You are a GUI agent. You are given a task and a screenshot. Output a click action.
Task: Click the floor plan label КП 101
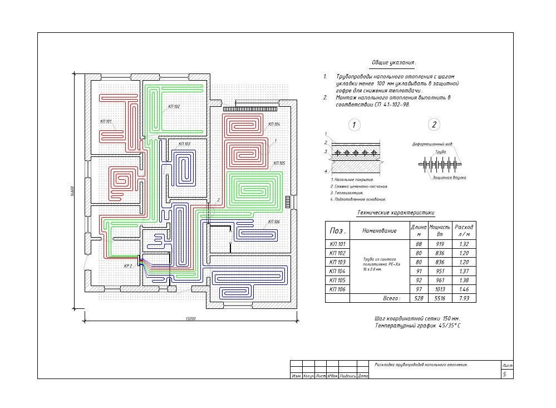click(106, 121)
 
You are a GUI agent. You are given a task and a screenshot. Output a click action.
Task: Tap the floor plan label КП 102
click(174, 106)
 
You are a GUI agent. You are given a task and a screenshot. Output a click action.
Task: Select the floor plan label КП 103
click(184, 144)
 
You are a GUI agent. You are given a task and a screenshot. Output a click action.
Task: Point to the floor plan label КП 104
click(274, 124)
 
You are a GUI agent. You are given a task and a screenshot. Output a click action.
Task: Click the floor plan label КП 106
click(273, 222)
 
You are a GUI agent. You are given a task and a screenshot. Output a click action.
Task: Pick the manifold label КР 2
click(128, 266)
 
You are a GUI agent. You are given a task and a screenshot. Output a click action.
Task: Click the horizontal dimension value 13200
click(191, 318)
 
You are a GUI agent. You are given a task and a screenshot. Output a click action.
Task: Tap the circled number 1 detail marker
click(354, 125)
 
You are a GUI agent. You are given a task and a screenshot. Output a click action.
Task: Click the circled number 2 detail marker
click(435, 125)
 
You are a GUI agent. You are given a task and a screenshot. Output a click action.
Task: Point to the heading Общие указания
click(393, 63)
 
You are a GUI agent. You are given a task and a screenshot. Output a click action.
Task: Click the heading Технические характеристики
click(395, 213)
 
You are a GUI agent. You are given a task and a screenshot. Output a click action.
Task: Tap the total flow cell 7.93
click(464, 299)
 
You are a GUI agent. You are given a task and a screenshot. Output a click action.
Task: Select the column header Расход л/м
click(464, 230)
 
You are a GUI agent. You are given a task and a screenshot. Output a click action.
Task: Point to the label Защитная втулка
click(449, 178)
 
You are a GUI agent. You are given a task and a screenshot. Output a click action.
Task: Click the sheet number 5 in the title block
click(504, 375)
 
